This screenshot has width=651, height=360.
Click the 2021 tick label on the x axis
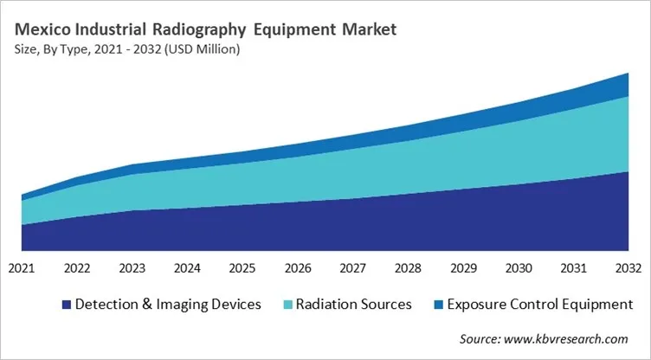(22, 269)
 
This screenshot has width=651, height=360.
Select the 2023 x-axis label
(132, 269)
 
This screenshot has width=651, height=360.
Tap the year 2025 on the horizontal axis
(242, 269)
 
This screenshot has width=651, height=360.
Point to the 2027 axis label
(353, 269)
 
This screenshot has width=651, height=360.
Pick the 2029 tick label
(463, 269)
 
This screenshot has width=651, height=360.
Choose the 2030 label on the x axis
(519, 269)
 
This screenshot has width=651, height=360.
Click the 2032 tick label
(628, 269)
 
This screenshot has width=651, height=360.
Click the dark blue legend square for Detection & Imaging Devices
(65, 305)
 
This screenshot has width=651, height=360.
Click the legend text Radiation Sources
(353, 305)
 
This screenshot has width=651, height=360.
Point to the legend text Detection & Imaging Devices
(168, 305)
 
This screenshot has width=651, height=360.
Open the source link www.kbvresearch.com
(567, 338)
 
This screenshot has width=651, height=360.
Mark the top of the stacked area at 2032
(628, 74)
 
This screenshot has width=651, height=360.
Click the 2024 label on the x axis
(187, 269)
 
